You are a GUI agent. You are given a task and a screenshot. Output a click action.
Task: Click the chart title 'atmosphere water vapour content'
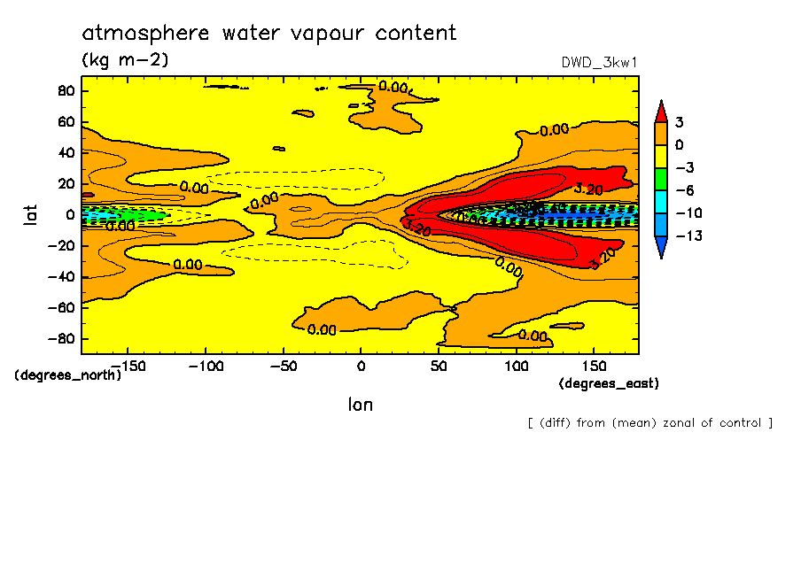(x=269, y=34)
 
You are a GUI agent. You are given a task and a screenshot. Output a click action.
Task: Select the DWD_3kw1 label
(x=600, y=63)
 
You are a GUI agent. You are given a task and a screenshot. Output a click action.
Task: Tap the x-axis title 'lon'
(x=360, y=405)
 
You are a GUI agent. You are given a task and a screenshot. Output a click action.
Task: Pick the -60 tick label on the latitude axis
(x=60, y=308)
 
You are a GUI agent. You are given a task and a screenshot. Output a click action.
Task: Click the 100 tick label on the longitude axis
(x=516, y=366)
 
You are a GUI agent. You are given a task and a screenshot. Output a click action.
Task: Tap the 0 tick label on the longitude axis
(x=360, y=366)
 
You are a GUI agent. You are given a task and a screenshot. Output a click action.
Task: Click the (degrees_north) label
(x=68, y=374)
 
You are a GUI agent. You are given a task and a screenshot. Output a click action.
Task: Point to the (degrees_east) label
(x=609, y=384)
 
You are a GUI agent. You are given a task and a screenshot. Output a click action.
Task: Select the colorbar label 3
(x=679, y=122)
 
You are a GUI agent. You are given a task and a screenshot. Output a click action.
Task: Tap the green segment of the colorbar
(x=661, y=179)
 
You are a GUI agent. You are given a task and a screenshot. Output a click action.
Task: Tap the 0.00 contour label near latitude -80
(x=322, y=330)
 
